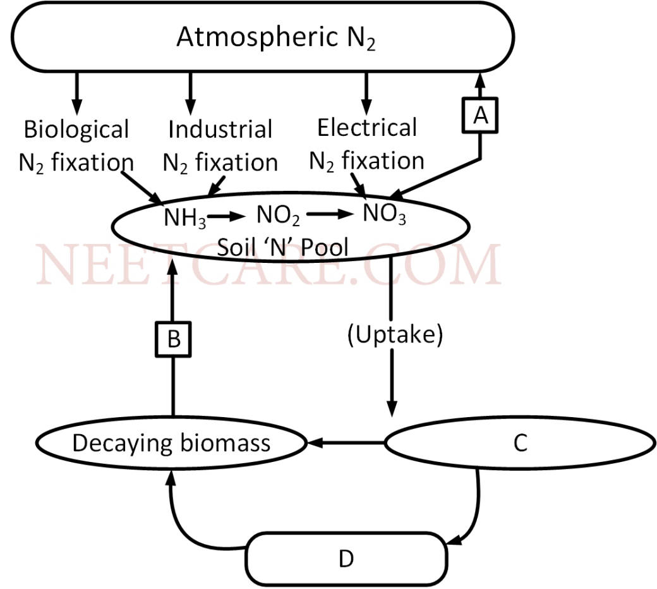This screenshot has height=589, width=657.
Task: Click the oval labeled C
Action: click(x=519, y=444)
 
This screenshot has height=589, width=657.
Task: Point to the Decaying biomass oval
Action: click(x=172, y=443)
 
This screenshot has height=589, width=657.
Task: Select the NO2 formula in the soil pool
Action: click(x=278, y=216)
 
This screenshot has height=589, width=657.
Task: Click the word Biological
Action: click(x=76, y=130)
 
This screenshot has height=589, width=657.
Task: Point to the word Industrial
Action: click(x=219, y=130)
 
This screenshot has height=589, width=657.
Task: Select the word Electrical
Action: click(x=366, y=128)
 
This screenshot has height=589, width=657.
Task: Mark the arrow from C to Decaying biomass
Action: click(x=346, y=443)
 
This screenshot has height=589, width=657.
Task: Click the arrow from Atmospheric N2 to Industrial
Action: click(x=189, y=92)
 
